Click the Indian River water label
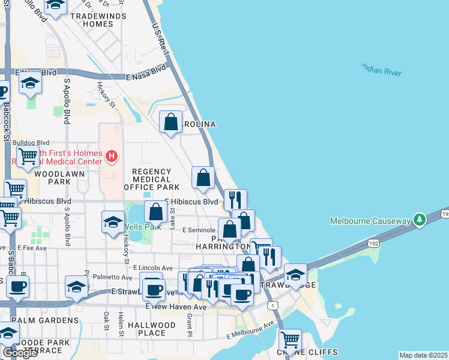381,69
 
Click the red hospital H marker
111,157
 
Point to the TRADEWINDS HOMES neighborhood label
92,20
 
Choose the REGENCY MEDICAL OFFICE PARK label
152,179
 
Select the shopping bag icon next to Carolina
171,122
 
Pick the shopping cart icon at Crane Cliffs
290,340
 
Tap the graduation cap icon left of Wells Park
113,222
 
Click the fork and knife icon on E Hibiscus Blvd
235,199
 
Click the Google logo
20,353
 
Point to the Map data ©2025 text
423,355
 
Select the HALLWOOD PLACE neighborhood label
152,329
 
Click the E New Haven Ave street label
176,307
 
